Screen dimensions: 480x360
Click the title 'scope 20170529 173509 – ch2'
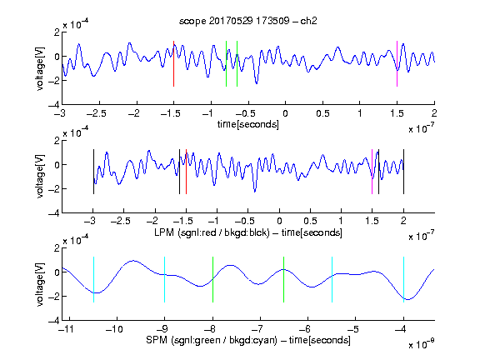pos(248,21)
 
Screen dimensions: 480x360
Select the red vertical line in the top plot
pos(173,63)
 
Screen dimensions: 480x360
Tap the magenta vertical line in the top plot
pos(397,63)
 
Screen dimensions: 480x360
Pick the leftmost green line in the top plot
pos(226,63)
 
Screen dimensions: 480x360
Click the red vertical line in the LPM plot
pos(186,172)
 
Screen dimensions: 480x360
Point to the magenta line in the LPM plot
pos(372,172)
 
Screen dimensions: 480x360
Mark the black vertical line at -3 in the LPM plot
pos(93,172)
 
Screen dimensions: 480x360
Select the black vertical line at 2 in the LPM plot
pos(404,172)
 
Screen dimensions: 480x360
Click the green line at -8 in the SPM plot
pos(212,279)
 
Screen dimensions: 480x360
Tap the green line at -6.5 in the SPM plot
pos(284,279)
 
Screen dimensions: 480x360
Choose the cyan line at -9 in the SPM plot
pos(165,279)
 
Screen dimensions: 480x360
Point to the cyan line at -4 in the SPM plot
pos(404,279)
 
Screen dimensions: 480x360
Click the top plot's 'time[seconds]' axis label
pos(248,124)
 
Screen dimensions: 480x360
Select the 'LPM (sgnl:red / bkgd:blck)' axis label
pos(212,232)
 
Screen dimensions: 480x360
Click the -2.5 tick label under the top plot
pos(97,113)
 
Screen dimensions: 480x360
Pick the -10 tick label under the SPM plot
pos(114,329)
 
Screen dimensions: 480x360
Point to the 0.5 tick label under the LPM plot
pos(310,221)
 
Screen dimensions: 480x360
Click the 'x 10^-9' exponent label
pos(422,344)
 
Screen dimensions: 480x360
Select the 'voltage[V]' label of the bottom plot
pos(40,284)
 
